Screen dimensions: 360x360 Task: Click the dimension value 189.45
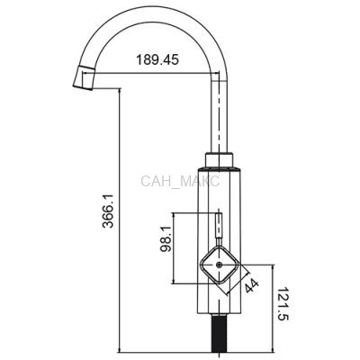[x=157, y=59]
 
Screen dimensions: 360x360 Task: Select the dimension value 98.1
[x=166, y=239]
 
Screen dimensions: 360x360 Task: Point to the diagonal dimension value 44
[x=251, y=285]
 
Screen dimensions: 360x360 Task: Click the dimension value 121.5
[x=283, y=304]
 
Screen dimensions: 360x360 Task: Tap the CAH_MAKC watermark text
[x=180, y=182]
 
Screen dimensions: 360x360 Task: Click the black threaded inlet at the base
[x=220, y=333]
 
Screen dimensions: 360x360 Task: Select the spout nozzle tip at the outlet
[x=84, y=77]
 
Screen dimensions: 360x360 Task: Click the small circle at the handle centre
[x=219, y=265]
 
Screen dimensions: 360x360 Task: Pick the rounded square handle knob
[x=219, y=265]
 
